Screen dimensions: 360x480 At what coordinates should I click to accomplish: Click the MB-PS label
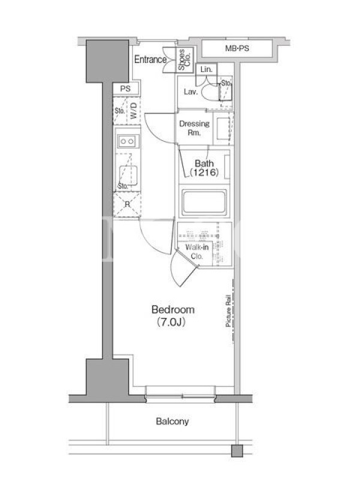237,49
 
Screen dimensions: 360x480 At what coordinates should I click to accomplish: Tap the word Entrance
151,59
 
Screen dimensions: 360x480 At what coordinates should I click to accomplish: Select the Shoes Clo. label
184,59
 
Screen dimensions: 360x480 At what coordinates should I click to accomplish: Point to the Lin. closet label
206,70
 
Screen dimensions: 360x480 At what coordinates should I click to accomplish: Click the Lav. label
190,92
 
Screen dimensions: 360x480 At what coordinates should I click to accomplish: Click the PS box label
125,89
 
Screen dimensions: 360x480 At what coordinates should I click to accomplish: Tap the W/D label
133,110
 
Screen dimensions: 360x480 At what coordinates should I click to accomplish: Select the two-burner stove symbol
127,141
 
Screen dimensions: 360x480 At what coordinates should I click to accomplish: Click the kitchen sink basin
128,175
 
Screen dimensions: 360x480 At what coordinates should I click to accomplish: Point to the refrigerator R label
127,205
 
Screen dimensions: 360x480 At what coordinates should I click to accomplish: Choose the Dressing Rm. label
194,128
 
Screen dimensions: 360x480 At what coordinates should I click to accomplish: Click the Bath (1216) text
204,168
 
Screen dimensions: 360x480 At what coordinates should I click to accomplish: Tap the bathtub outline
204,203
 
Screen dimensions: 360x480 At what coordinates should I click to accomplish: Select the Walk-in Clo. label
197,251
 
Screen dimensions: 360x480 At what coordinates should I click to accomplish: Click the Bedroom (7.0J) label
173,316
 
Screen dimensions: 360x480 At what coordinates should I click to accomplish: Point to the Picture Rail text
228,311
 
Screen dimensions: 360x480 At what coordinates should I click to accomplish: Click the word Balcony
172,421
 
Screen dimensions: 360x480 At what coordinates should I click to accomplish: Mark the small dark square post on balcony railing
237,451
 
